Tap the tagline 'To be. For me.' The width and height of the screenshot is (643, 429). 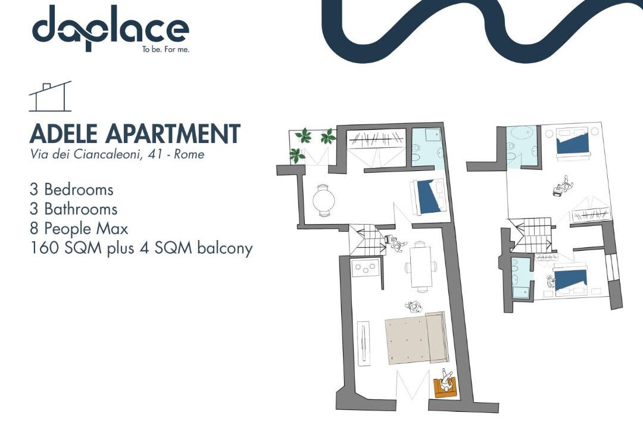[166, 49]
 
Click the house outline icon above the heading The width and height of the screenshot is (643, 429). [50, 97]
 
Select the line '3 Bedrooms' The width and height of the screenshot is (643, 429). [71, 189]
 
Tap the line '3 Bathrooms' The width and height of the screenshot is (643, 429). [73, 209]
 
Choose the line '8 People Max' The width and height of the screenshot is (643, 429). [79, 228]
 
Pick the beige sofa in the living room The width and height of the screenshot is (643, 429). [416, 337]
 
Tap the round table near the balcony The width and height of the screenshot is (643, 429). [323, 200]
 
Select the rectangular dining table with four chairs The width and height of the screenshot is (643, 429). [421, 267]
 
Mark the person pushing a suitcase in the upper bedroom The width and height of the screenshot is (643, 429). [563, 185]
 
